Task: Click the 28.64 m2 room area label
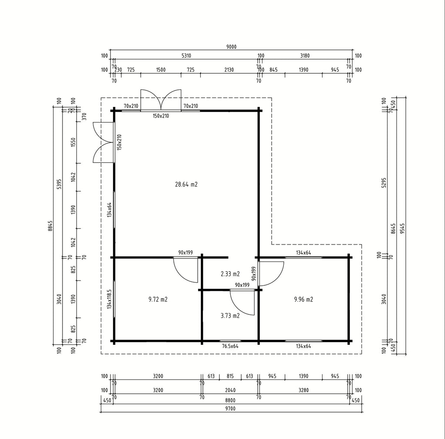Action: click(x=186, y=185)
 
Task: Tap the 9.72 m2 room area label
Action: click(x=158, y=299)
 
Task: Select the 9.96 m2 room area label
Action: click(x=304, y=299)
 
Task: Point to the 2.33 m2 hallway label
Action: click(x=230, y=274)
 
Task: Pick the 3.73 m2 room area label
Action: click(x=230, y=315)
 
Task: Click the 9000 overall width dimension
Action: click(x=231, y=47)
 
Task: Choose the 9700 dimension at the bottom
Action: click(x=230, y=408)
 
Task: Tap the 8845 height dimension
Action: click(x=50, y=226)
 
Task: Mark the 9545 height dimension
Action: click(x=402, y=228)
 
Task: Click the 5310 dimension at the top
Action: click(x=186, y=56)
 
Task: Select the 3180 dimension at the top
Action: click(x=305, y=56)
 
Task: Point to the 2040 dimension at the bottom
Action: click(x=230, y=390)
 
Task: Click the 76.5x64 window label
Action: click(x=230, y=346)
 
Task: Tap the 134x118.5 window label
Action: click(x=109, y=299)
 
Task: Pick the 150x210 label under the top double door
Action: click(x=161, y=116)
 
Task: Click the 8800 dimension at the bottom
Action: click(x=230, y=400)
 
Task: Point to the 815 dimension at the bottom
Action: click(x=230, y=376)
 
